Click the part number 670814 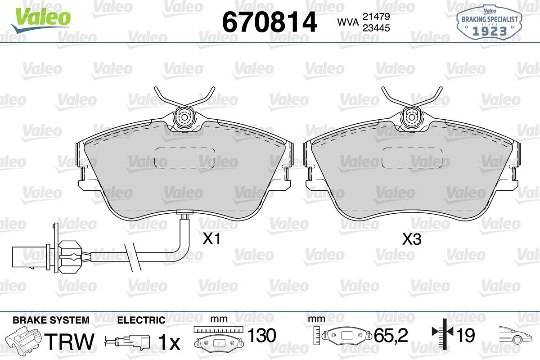tap(269, 22)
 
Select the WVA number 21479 tap(376, 17)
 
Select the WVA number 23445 tap(376, 28)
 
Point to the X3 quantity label tap(412, 239)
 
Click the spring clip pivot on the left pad tap(184, 117)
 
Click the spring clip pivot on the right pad tap(412, 117)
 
